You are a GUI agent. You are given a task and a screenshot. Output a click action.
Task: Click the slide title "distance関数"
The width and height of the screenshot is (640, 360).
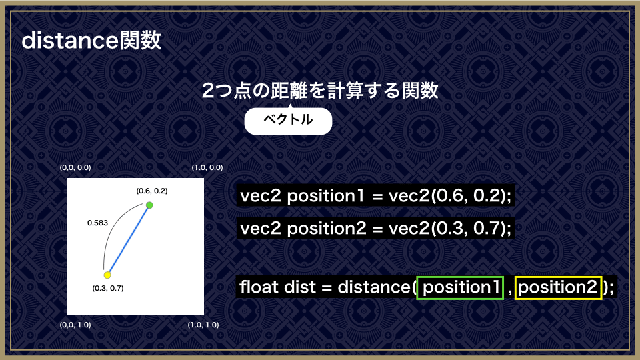click(91, 41)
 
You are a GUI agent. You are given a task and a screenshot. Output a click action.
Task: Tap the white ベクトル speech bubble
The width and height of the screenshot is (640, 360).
click(288, 121)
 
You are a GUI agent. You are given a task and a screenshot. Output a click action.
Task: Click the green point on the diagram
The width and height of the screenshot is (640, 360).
click(149, 205)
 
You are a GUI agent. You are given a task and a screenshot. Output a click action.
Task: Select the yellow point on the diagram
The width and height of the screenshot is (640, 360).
click(107, 275)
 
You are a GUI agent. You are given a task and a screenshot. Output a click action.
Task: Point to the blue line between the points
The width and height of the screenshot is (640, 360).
click(129, 240)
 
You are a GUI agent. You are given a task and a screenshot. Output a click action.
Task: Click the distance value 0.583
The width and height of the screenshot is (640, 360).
click(97, 223)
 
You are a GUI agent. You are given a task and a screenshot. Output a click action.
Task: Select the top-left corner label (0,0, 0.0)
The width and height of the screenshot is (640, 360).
click(75, 167)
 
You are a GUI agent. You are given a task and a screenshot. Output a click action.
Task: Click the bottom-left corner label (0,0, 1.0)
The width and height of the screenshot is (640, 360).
click(75, 325)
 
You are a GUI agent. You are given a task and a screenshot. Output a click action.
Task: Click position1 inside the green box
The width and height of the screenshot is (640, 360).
click(460, 287)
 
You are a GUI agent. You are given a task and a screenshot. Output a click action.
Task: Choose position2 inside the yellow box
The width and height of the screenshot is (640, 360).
click(557, 287)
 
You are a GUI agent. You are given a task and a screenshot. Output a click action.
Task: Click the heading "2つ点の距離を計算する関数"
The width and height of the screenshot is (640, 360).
click(320, 90)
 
